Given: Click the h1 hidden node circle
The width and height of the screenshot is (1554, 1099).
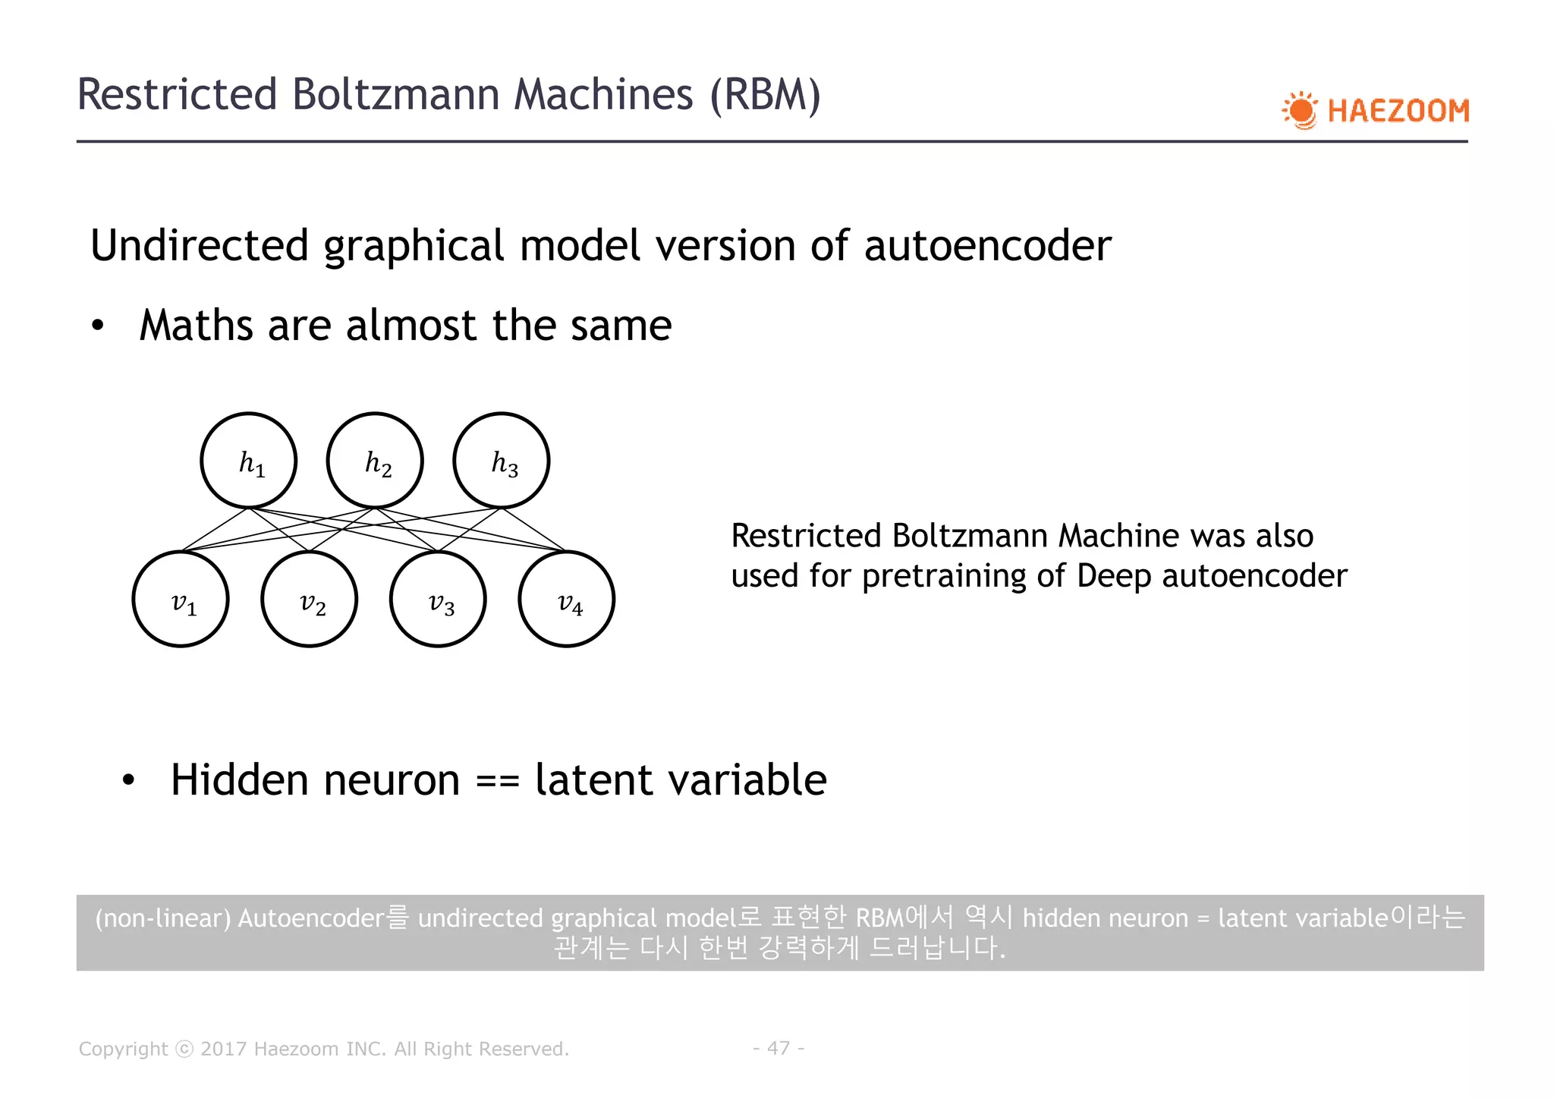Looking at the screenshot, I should [x=249, y=461].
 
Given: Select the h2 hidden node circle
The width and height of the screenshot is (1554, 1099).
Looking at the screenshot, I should [x=375, y=461].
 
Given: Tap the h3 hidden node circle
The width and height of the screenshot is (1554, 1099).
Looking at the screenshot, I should [x=502, y=461].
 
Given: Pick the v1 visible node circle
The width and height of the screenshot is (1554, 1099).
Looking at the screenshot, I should [x=181, y=599].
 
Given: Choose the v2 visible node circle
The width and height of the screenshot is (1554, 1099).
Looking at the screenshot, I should [x=310, y=599].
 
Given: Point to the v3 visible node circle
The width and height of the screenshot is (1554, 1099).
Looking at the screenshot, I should [x=438, y=599].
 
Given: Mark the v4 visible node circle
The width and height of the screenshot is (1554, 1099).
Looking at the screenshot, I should [x=567, y=599].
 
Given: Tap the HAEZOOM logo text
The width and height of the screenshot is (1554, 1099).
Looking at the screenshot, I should [x=1398, y=112].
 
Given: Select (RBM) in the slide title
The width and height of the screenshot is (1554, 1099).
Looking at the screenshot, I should [x=765, y=95].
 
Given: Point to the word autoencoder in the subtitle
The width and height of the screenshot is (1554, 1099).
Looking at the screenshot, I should [x=987, y=246].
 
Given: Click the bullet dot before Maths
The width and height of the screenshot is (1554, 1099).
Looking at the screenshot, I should [x=97, y=326].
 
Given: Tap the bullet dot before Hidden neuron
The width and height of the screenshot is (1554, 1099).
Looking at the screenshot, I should [x=128, y=780].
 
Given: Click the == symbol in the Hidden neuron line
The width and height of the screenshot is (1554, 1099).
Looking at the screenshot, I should [x=498, y=781].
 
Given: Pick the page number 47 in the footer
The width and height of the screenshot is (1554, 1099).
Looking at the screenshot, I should [x=779, y=1048].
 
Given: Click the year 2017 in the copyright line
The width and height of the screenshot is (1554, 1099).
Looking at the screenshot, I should [x=224, y=1049].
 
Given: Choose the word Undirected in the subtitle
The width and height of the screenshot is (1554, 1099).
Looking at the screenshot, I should [x=200, y=246].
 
